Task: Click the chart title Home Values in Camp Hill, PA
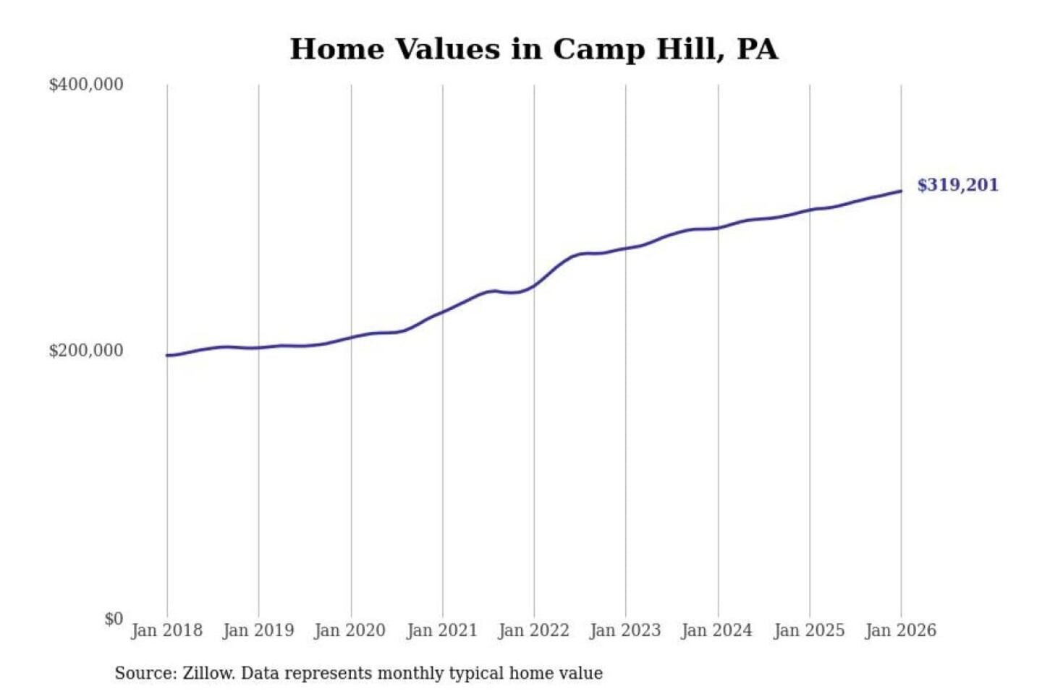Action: pyautogui.click(x=534, y=49)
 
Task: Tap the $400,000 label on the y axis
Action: pyautogui.click(x=86, y=85)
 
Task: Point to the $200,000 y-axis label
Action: pyautogui.click(x=86, y=351)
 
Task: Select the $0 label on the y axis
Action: pyautogui.click(x=114, y=619)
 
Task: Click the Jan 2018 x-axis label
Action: pyautogui.click(x=166, y=630)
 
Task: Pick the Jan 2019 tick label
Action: pyautogui.click(x=258, y=630)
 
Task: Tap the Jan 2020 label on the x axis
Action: pyautogui.click(x=350, y=630)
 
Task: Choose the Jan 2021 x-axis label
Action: pyautogui.click(x=442, y=630)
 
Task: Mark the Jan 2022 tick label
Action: pyautogui.click(x=534, y=630)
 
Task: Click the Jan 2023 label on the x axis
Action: pyautogui.click(x=626, y=630)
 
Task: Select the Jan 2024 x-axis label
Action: pyautogui.click(x=717, y=630)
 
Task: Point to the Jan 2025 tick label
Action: pyautogui.click(x=809, y=630)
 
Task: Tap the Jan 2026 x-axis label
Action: pyautogui.click(x=901, y=630)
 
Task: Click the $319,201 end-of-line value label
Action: pyautogui.click(x=957, y=185)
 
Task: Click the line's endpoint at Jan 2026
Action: pyautogui.click(x=901, y=191)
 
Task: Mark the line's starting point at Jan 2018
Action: pyautogui.click(x=167, y=355)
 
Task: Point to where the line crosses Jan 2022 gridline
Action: pyautogui.click(x=535, y=286)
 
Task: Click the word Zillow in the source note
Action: pyautogui.click(x=208, y=673)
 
